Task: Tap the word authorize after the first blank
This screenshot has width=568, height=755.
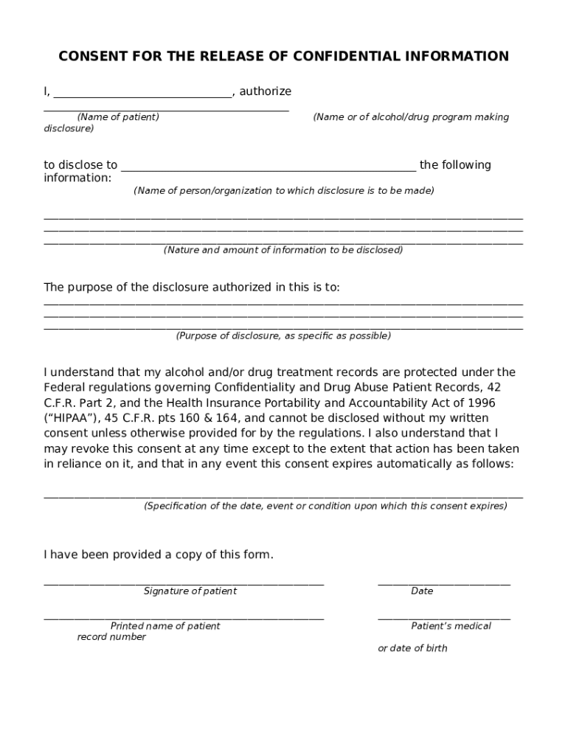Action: tap(266, 91)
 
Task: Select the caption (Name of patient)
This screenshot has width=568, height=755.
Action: tap(118, 117)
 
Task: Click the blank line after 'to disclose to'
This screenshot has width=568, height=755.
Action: tap(269, 169)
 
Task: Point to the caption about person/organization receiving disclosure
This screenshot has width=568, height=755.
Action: tap(284, 191)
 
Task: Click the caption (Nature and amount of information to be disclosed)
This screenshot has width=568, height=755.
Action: tap(283, 250)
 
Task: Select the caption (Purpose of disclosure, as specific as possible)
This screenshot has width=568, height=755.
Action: tap(283, 336)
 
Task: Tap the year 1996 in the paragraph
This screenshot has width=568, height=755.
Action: tap(480, 403)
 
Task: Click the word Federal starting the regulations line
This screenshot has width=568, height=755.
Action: tap(65, 387)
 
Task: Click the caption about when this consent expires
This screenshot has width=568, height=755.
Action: tap(325, 507)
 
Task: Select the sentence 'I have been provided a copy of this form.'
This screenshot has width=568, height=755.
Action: tap(159, 554)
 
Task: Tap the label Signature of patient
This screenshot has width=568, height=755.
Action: tap(190, 591)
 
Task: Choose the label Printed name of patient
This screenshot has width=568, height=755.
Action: tap(165, 626)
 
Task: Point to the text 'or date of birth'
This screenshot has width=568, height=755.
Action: tap(412, 649)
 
